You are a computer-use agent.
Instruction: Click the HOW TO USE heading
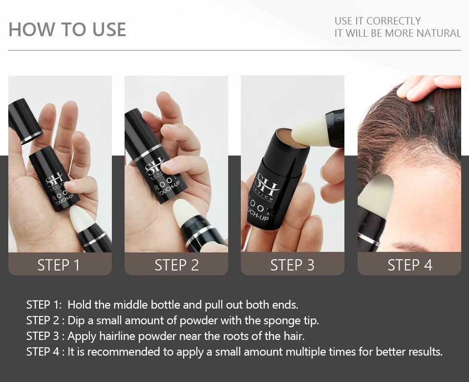coord(67,29)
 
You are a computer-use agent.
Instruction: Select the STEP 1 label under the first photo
coord(59,265)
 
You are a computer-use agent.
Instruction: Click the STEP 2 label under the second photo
coord(176,265)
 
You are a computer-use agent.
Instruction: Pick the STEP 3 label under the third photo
coord(292,265)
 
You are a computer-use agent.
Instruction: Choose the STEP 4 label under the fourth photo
coord(409,265)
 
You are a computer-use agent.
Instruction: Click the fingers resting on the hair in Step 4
coord(430,86)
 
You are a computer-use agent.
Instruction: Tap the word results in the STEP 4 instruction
coord(424,352)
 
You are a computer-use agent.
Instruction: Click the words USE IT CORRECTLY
coord(377,21)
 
